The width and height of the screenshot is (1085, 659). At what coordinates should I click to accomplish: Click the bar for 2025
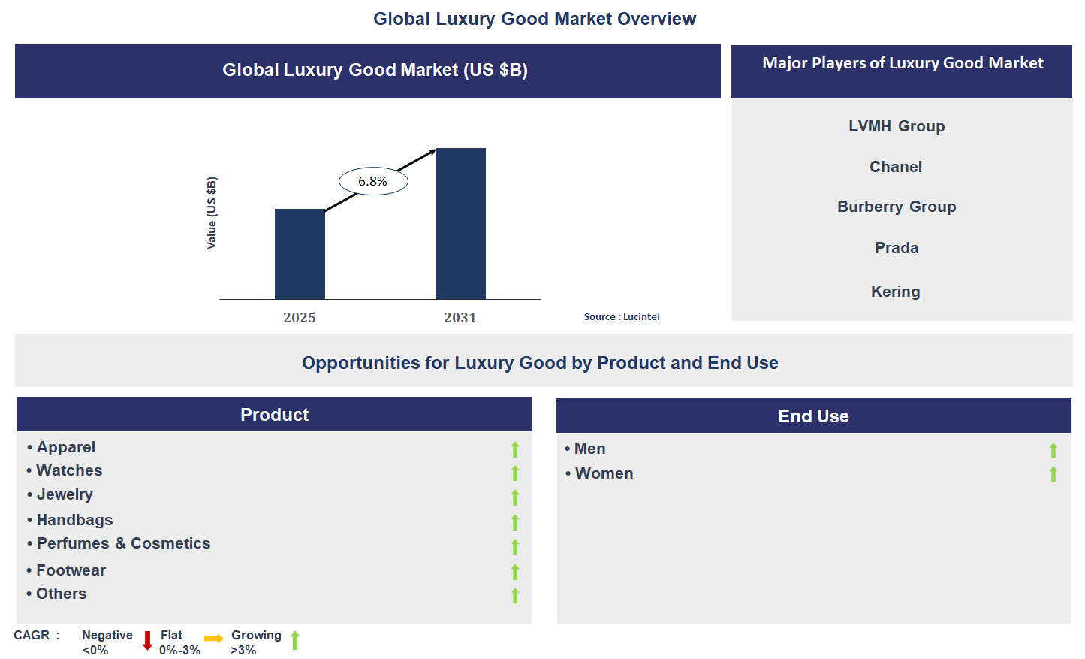pos(300,254)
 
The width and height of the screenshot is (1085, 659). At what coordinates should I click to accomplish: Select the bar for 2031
pos(460,223)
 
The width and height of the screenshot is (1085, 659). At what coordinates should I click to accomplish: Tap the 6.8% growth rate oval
pos(373,181)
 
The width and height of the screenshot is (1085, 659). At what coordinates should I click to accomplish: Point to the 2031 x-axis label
pos(460,318)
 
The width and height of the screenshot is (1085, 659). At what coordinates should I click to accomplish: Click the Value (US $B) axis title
pos(212,213)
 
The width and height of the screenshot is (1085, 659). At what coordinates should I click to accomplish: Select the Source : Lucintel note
pos(622,317)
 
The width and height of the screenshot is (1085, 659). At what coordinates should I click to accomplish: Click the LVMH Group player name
pos(897,126)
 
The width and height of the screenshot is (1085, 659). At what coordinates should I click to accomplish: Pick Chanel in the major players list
pos(896,167)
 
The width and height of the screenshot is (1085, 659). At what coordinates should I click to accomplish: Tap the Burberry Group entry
pos(897,207)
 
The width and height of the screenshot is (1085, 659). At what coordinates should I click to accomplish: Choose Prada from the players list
pos(897,248)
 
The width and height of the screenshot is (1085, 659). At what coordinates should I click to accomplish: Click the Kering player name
pos(896,292)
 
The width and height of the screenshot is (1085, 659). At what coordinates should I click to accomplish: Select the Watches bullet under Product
pos(69,470)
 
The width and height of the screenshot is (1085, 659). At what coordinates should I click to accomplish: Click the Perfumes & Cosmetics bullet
pos(123,543)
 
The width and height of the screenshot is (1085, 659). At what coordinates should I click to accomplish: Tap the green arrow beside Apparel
pos(515,449)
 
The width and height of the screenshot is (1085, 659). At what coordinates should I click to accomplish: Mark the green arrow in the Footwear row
pos(515,572)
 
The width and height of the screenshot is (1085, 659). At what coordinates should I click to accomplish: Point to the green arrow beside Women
pos(1053,474)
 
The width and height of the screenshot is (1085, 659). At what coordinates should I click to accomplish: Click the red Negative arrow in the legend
pos(147,640)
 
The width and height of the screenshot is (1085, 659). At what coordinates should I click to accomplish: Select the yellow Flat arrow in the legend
pos(214,639)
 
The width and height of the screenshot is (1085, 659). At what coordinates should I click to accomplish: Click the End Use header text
pos(813,416)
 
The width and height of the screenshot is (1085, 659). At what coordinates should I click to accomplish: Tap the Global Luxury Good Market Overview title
pos(535,19)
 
